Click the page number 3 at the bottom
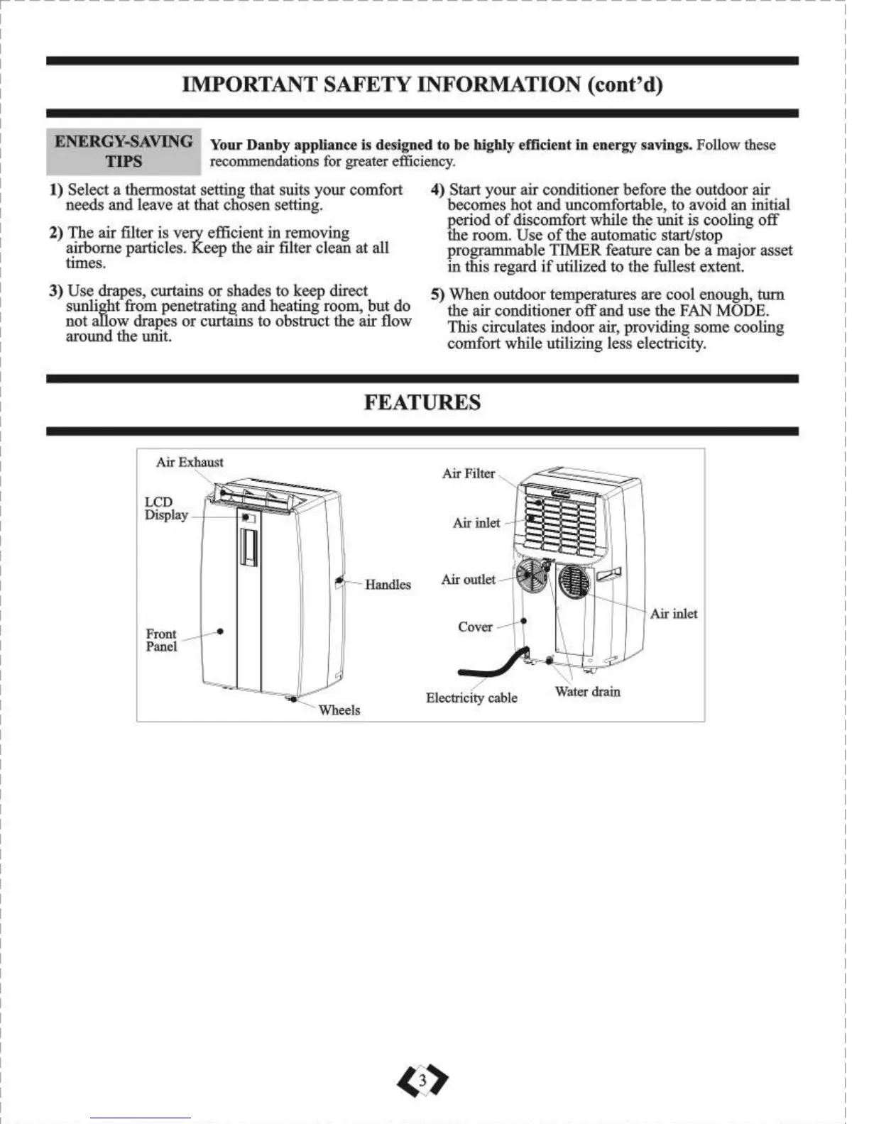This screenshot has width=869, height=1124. tap(423, 1080)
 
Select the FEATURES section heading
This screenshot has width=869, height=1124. tap(422, 402)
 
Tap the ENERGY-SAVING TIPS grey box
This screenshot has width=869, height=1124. tap(124, 151)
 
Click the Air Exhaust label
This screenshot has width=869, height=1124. tap(190, 462)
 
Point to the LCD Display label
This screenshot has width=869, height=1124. tap(165, 508)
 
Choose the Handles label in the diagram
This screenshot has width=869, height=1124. tap(388, 585)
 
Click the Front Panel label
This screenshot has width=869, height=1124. tap(161, 640)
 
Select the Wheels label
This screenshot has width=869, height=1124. tap(339, 710)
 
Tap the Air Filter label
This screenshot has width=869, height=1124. tap(468, 473)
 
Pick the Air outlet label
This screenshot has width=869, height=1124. tap(468, 580)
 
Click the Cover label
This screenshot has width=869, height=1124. tap(475, 627)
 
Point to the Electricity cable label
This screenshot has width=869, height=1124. tap(471, 698)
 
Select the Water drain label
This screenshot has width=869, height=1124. tap(587, 692)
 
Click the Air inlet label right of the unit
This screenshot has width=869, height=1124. tap(673, 614)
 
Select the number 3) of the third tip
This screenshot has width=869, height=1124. tap(56, 291)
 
